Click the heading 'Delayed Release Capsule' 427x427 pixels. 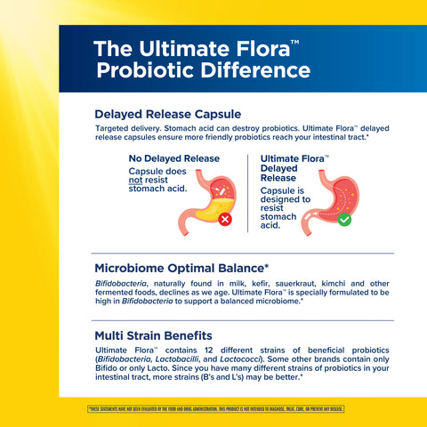(170, 114)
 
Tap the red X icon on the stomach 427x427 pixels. (226, 218)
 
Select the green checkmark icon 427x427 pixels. (343, 218)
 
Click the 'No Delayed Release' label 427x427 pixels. (174, 158)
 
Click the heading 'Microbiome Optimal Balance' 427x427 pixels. (181, 268)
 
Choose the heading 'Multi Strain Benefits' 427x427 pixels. (161, 336)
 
